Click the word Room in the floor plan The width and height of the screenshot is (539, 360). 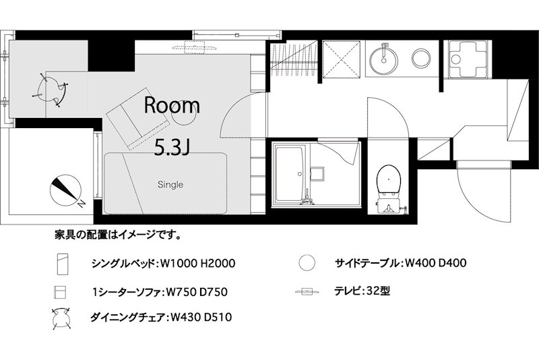tap(172, 105)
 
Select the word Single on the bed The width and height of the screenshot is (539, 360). tap(170, 184)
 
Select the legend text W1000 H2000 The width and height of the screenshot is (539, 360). tap(198, 263)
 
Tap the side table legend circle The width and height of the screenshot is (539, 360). tap(307, 263)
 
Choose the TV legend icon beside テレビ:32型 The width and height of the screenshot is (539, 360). tap(307, 292)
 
